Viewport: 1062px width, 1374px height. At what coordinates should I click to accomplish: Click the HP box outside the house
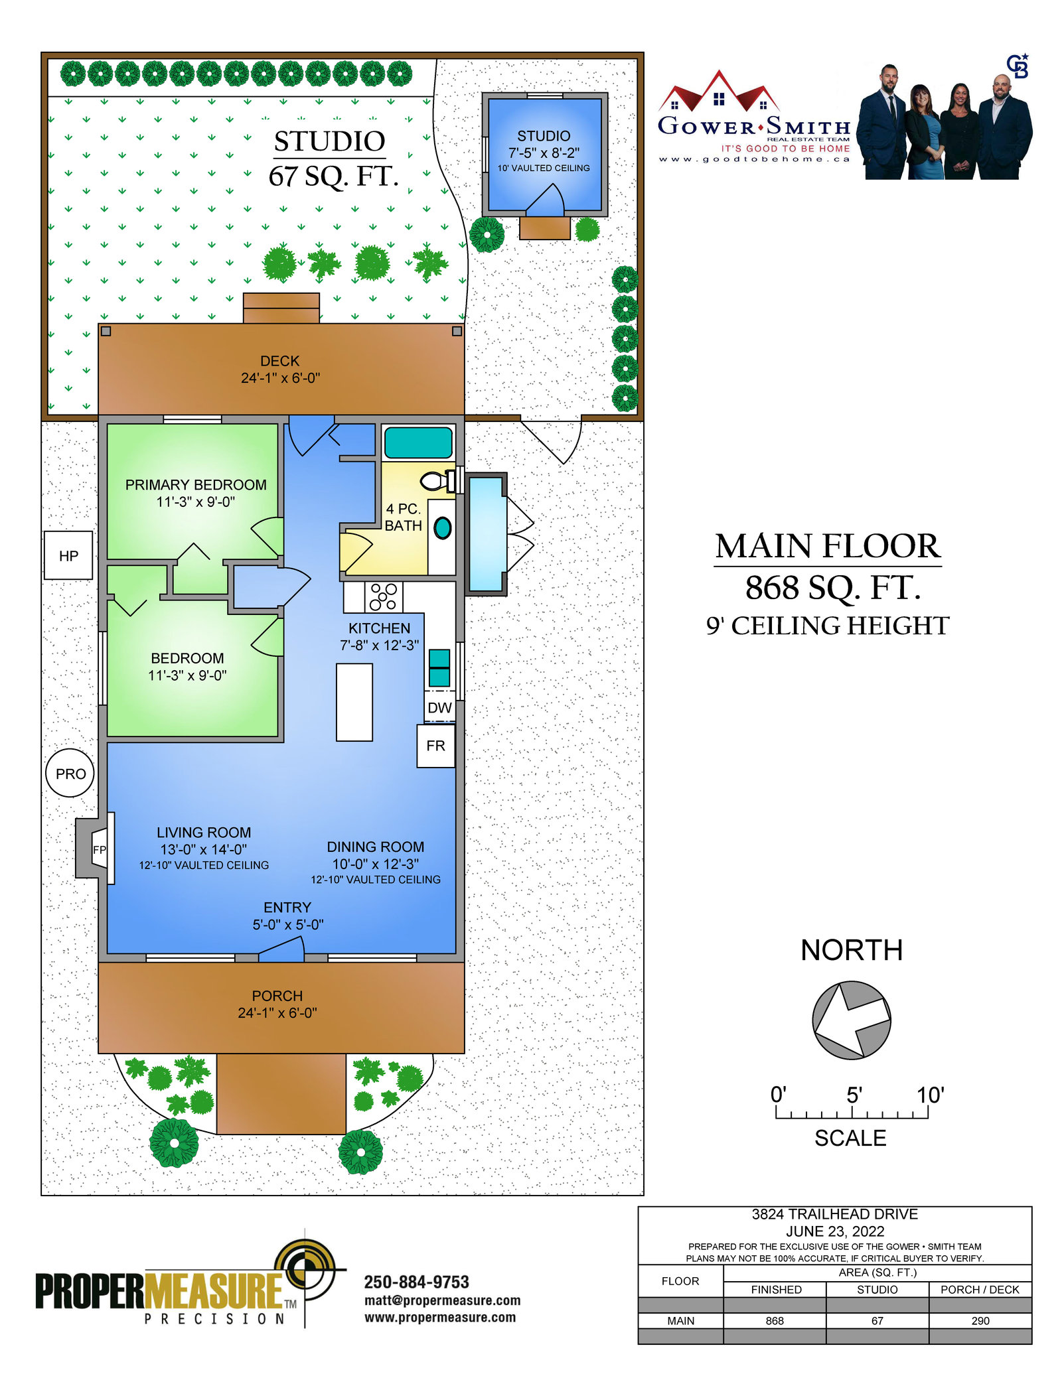[68, 555]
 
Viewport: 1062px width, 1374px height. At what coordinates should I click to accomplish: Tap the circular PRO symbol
[70, 774]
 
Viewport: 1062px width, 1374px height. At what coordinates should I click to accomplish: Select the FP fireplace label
[100, 849]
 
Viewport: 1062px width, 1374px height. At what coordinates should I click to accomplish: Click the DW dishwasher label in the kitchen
[439, 708]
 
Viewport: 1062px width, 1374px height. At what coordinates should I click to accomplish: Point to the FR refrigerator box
[436, 746]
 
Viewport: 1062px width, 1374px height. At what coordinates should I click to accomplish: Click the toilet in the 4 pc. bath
[439, 480]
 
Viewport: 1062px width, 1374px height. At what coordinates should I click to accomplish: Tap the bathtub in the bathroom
[418, 443]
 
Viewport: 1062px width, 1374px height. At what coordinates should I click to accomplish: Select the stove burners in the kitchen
[383, 596]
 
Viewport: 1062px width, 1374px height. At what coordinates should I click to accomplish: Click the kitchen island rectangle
[354, 702]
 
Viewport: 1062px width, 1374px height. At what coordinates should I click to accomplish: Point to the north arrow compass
[852, 1020]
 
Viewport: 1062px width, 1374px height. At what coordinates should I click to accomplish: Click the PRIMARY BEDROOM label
[196, 485]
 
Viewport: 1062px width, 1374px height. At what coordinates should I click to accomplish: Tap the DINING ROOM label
[376, 847]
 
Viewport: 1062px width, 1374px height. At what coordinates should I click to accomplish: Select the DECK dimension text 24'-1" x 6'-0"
[280, 378]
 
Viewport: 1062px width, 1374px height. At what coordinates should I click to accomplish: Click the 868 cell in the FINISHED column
[775, 1320]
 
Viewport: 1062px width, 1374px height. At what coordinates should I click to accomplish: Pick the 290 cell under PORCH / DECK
[980, 1320]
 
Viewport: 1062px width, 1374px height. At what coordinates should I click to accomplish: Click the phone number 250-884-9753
[416, 1282]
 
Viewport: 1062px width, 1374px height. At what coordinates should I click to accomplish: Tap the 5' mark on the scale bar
[854, 1095]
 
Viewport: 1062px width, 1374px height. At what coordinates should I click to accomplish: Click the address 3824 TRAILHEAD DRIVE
[834, 1214]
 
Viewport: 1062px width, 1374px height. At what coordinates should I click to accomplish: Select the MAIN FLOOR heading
[828, 547]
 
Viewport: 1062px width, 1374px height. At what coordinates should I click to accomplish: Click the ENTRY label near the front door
[287, 908]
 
